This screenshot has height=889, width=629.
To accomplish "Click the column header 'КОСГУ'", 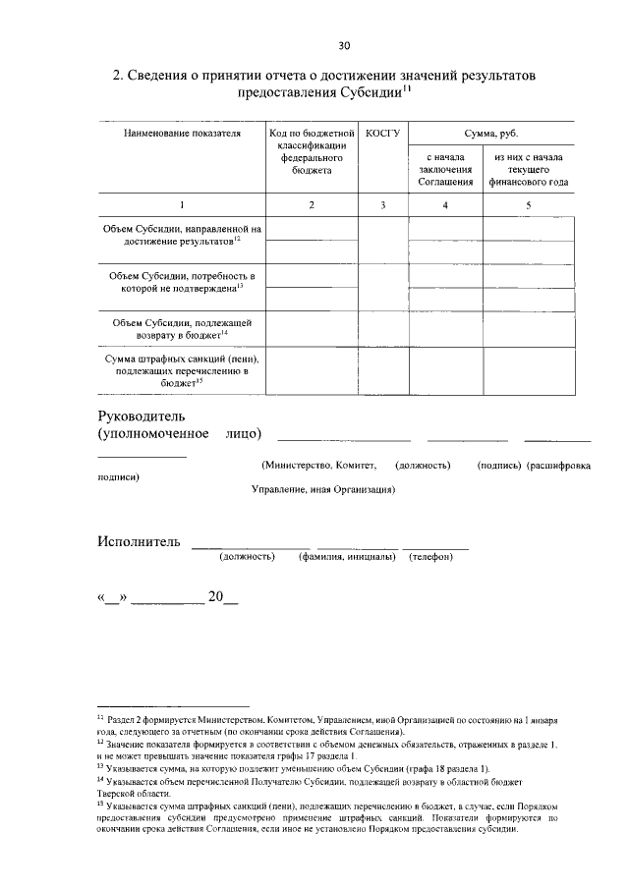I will click(x=382, y=133).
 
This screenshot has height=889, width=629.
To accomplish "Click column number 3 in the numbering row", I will click(x=383, y=204).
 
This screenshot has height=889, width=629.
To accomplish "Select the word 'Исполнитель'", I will click(x=139, y=541).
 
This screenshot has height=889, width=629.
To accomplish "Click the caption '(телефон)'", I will click(x=431, y=557).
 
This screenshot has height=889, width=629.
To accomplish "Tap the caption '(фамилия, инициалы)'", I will click(x=347, y=557).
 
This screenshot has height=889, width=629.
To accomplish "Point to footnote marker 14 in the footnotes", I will click(x=101, y=781).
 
